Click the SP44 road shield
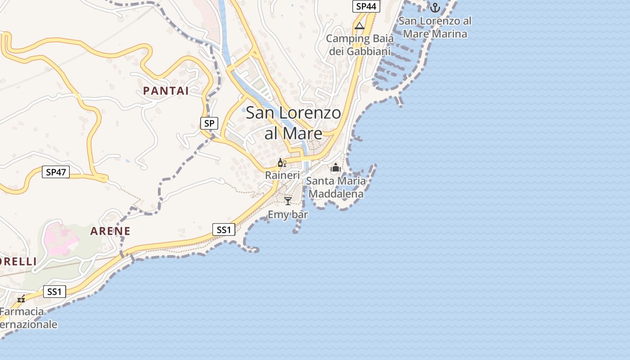coord(366,6)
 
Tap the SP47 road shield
coord(56,171)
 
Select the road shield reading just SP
coord(209,123)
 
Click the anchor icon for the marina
coord(435,8)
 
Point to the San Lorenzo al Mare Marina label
coord(435,27)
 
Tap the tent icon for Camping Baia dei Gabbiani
coord(359,26)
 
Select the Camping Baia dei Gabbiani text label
coord(360,45)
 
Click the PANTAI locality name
coord(166,90)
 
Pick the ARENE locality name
coord(110,231)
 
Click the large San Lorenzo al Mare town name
coord(293,123)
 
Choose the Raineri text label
coord(282,175)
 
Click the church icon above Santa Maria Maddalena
coord(336,168)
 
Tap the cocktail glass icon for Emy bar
coord(288,201)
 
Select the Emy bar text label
coord(288,215)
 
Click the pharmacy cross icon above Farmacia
coord(21,299)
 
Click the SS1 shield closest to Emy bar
coord(224,230)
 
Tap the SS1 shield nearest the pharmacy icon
coord(54,292)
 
